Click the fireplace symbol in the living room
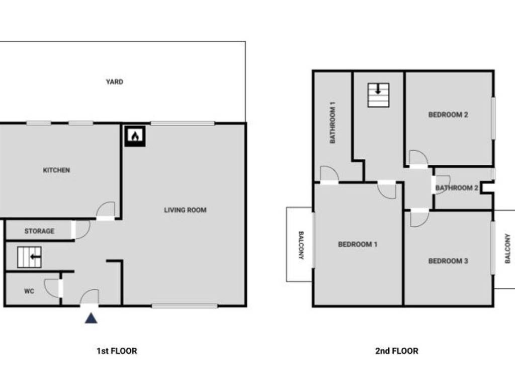[x=135, y=136]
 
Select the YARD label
[x=115, y=82]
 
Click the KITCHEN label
[x=56, y=170]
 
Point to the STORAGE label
[x=39, y=231]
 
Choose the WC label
[x=29, y=291]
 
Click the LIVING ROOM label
[x=185, y=210]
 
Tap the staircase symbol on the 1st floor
[x=29, y=257]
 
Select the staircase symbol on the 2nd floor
[x=378, y=95]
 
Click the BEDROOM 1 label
[x=358, y=244]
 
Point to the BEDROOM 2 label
[x=448, y=115]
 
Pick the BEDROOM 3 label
[x=448, y=261]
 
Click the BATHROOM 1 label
[x=333, y=122]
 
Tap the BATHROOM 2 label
[x=457, y=188]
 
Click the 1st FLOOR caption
[x=117, y=351]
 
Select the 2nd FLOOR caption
[x=396, y=351]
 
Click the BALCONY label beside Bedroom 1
[x=301, y=245]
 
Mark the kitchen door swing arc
[x=107, y=209]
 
